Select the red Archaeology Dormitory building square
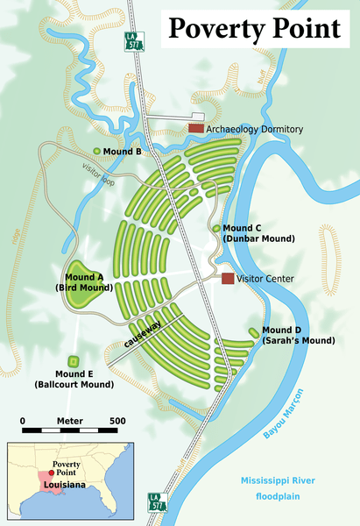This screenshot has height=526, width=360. click(196, 129)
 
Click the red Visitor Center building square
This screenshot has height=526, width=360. click(228, 278)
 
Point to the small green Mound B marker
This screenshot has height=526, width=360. click(97, 151)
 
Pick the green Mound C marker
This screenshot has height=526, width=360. click(216, 228)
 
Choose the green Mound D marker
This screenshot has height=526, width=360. click(252, 332)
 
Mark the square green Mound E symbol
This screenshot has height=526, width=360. click(74, 361)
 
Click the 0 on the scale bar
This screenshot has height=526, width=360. click(22, 421)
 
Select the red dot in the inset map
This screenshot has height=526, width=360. click(51, 472)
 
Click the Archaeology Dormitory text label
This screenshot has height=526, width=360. click(256, 129)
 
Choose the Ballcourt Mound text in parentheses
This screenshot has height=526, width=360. click(74, 384)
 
